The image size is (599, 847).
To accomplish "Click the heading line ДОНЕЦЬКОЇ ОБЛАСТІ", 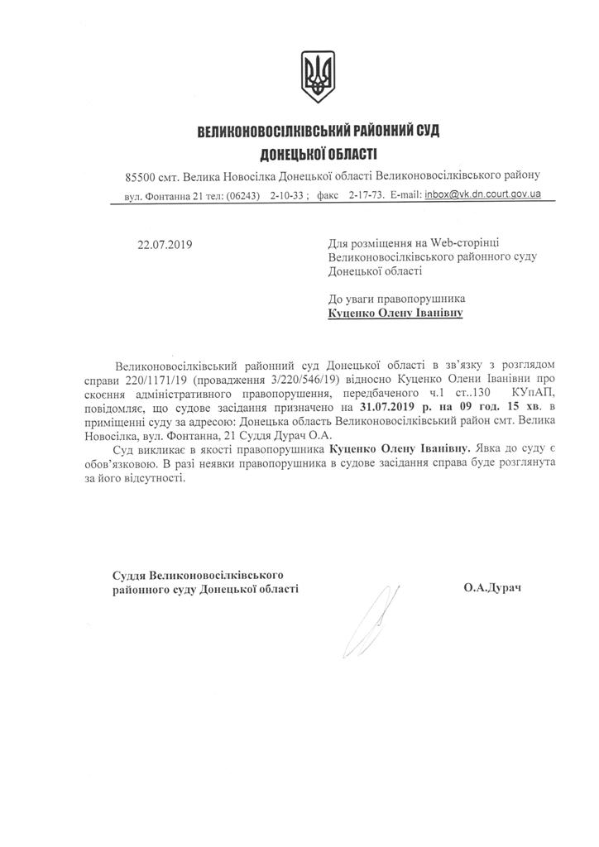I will (318, 153).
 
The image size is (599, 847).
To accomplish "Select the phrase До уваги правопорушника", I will (396, 299).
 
